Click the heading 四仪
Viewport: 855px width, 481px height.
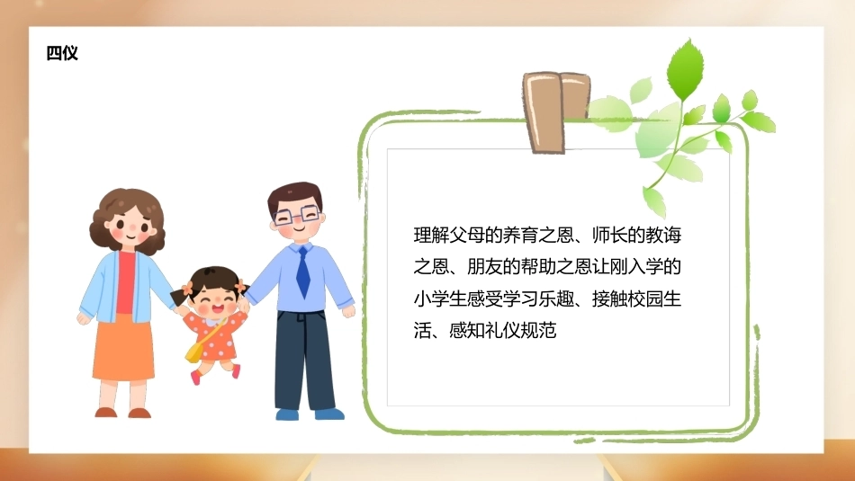point(62,53)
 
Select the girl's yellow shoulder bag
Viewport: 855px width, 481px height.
point(194,352)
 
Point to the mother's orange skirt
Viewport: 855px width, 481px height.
point(123,348)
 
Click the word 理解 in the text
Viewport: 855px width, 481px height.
point(431,236)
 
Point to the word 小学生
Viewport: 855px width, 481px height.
point(440,298)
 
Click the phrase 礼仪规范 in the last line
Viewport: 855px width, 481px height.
point(520,330)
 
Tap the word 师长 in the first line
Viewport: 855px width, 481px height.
point(609,236)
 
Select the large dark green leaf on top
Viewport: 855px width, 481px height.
point(686,70)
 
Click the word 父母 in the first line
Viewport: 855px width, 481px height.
point(467,236)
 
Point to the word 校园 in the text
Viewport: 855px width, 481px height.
point(645,298)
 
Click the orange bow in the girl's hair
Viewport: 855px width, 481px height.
point(187,289)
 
